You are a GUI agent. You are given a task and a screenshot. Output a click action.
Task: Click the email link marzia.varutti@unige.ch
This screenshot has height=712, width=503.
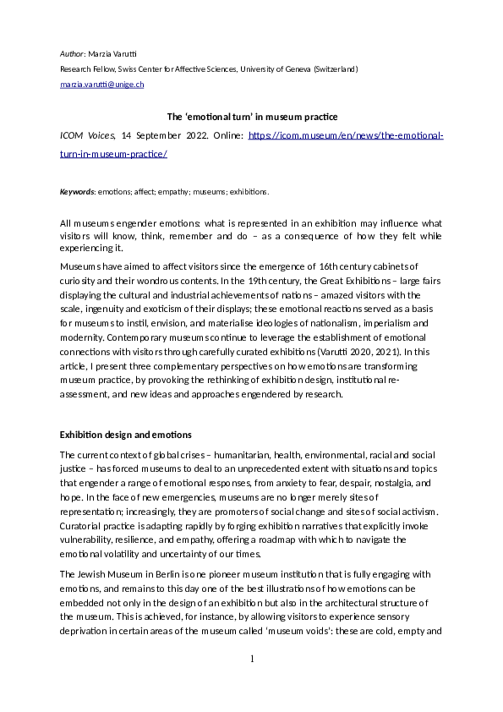pos(101,85)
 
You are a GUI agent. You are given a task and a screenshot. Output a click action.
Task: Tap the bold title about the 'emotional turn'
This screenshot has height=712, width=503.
pos(251,117)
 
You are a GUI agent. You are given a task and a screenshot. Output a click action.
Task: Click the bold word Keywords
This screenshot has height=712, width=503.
pos(76,192)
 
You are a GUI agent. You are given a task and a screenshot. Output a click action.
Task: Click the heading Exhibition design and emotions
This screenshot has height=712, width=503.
pos(125,435)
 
